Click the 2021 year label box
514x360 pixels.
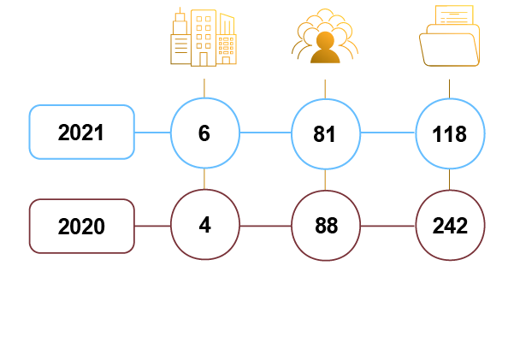[x=82, y=133]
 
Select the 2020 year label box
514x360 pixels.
[x=82, y=226]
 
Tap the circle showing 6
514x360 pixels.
[x=204, y=133]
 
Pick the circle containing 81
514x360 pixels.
[x=325, y=133]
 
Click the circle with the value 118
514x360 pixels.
[x=450, y=133]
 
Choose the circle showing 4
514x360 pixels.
[x=204, y=226]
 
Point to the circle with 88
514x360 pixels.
[x=325, y=226]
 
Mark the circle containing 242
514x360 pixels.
[x=450, y=226]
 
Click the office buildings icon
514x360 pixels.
[x=203, y=38]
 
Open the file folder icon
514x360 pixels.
[x=450, y=36]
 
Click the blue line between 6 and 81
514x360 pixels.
[x=264, y=133]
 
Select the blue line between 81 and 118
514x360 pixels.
[x=387, y=133]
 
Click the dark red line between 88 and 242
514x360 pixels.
[x=387, y=226]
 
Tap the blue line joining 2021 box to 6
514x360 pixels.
[x=152, y=133]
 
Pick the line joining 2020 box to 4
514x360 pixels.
[x=152, y=226]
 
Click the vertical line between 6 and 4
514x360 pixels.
[x=204, y=180]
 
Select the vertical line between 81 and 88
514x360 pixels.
[x=325, y=180]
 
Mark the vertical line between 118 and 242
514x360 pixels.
[x=450, y=180]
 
